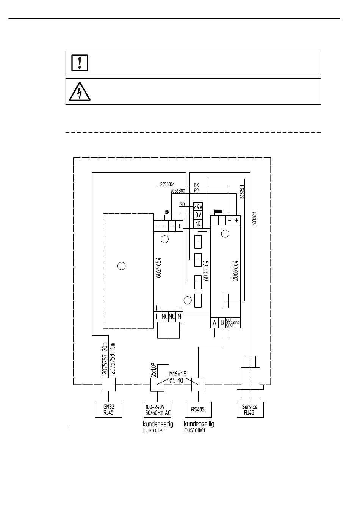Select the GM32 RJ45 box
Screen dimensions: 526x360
click(108, 410)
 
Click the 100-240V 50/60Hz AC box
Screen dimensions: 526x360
click(158, 410)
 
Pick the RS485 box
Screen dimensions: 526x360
click(198, 410)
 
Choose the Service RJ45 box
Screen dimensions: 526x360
click(250, 410)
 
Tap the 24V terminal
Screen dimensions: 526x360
click(198, 207)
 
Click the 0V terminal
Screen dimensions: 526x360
click(198, 215)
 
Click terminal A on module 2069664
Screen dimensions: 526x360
click(214, 323)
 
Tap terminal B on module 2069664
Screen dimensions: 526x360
click(222, 323)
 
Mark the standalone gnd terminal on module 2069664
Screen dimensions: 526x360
click(237, 323)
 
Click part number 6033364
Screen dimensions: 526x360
click(206, 270)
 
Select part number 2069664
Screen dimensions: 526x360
click(235, 270)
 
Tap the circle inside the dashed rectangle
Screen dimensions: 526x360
click(121, 266)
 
